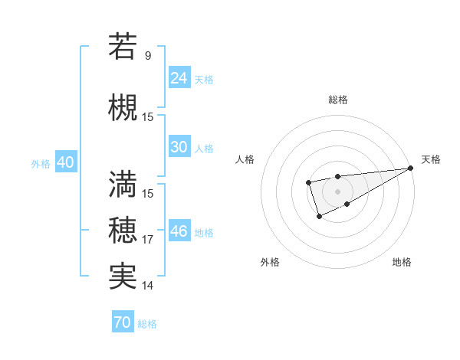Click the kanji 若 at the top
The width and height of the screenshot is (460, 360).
(123, 47)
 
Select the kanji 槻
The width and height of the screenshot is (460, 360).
(123, 107)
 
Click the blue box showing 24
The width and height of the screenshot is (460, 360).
(179, 77)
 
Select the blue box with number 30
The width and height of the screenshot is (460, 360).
(179, 147)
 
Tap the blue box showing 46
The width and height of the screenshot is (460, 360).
(179, 231)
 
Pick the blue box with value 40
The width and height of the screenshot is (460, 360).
(65, 162)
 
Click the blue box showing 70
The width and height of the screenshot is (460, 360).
(123, 322)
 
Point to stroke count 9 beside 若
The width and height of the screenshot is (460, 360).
(148, 55)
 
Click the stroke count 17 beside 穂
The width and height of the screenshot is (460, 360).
(148, 240)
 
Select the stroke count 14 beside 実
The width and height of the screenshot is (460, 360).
(148, 286)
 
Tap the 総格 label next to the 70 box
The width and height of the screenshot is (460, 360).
(147, 324)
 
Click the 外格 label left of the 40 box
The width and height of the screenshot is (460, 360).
(41, 163)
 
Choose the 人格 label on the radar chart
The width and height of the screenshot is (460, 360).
(245, 159)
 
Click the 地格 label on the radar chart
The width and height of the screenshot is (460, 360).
(402, 262)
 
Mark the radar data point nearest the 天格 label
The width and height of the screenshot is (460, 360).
(410, 168)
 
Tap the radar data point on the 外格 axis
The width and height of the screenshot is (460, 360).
(319, 218)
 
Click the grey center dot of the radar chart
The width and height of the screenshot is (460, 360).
(337, 191)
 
